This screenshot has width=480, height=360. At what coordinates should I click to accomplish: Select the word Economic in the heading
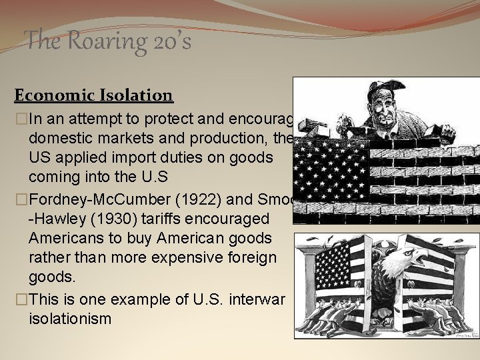click(x=49, y=95)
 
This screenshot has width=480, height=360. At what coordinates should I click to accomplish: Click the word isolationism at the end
click(x=71, y=319)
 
